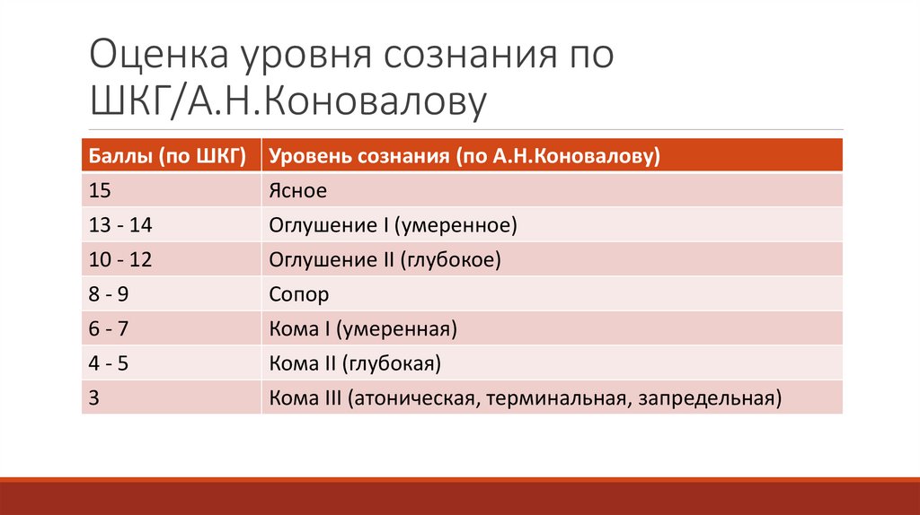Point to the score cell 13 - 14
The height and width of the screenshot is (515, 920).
pyautogui.click(x=116, y=225)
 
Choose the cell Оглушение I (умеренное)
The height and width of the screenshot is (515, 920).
pyautogui.click(x=394, y=225)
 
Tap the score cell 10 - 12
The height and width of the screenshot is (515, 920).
pyautogui.click(x=116, y=260)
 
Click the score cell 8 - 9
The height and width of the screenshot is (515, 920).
pyautogui.click(x=111, y=294)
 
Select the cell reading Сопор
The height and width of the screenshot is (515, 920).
pyautogui.click(x=299, y=294)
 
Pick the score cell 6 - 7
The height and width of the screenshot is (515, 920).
pyautogui.click(x=110, y=329)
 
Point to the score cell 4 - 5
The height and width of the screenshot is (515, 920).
pyautogui.click(x=110, y=363)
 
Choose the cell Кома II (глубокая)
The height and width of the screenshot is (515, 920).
pyautogui.click(x=355, y=363)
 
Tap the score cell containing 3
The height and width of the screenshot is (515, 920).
pyautogui.click(x=94, y=397)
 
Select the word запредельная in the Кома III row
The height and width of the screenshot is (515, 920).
pyautogui.click(x=706, y=397)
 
